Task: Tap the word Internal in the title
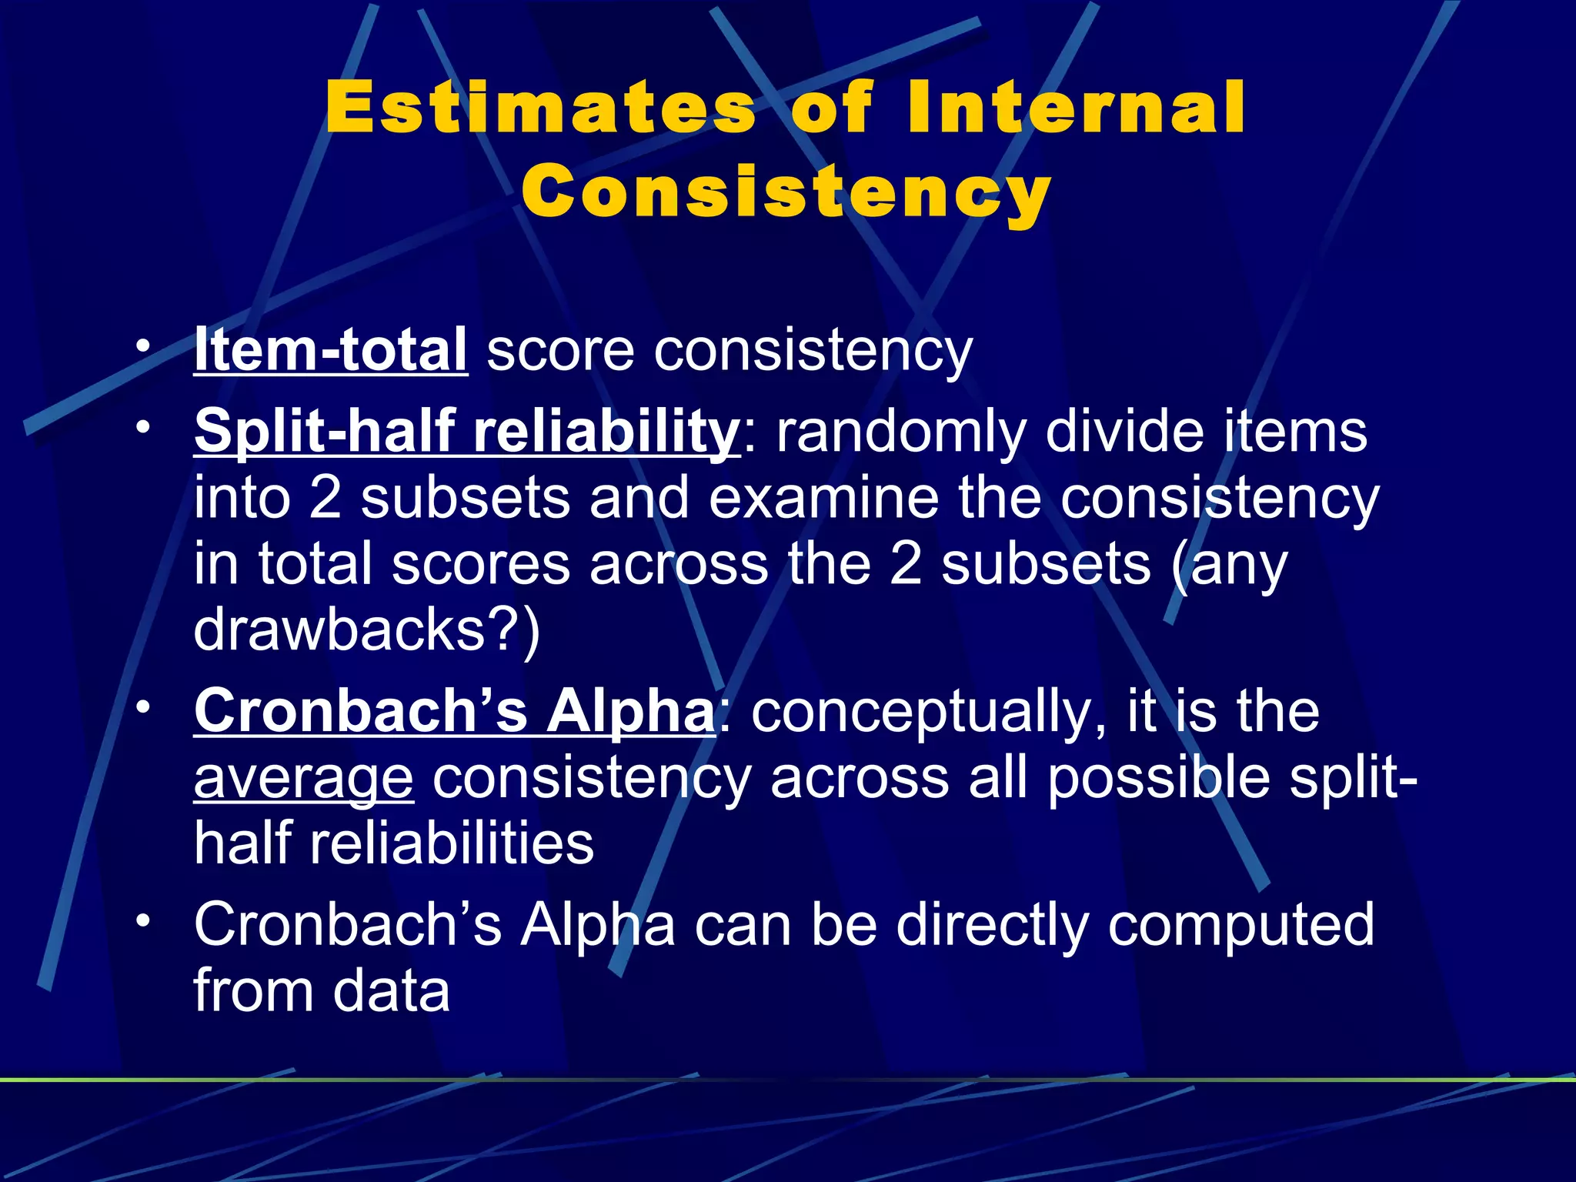pos(1076,108)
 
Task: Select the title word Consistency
pos(786,192)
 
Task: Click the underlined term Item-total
pos(331,350)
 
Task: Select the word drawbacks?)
pos(367,629)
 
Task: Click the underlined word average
pos(304,779)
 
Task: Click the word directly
pos(992,925)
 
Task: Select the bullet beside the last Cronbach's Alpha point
pos(142,921)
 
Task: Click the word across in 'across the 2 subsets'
pos(679,564)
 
